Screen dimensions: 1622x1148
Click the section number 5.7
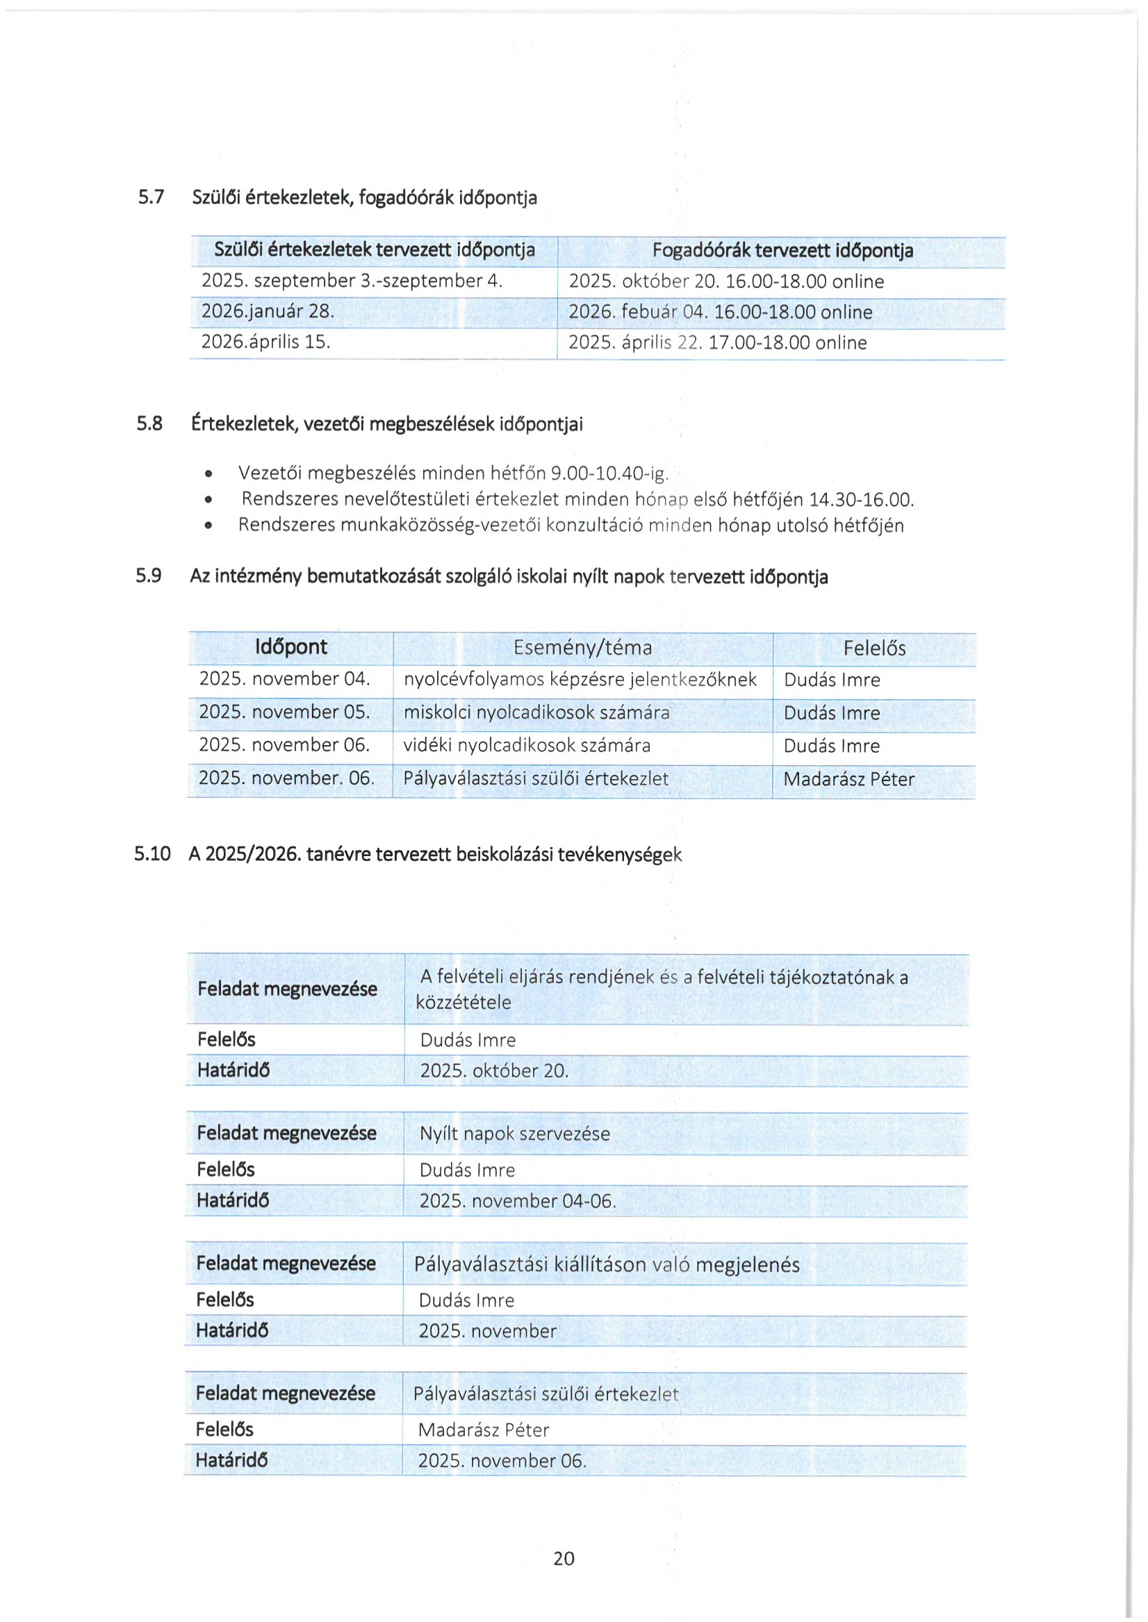tap(151, 197)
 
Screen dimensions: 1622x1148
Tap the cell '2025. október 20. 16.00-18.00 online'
tap(726, 281)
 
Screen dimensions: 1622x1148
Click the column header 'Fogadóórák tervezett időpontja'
tap(782, 250)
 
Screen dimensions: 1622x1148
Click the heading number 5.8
tap(149, 424)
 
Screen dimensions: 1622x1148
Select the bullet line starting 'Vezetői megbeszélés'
tap(452, 473)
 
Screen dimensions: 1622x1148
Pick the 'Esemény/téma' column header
tap(582, 647)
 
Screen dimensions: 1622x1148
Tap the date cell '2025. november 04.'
tap(284, 679)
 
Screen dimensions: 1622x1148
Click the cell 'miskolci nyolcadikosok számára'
tap(536, 712)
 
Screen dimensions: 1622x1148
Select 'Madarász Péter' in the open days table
tap(849, 779)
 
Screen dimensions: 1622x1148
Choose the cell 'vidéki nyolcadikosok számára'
tap(527, 745)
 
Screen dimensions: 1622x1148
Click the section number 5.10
tap(152, 854)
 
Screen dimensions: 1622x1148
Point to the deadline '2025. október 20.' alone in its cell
tap(494, 1071)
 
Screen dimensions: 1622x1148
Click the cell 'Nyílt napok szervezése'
tap(515, 1134)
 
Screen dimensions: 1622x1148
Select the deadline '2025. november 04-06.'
tap(518, 1201)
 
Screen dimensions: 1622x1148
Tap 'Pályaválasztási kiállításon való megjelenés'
tap(607, 1264)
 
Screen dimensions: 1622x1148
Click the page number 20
tap(564, 1558)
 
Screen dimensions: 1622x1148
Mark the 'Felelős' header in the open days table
tap(874, 648)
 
